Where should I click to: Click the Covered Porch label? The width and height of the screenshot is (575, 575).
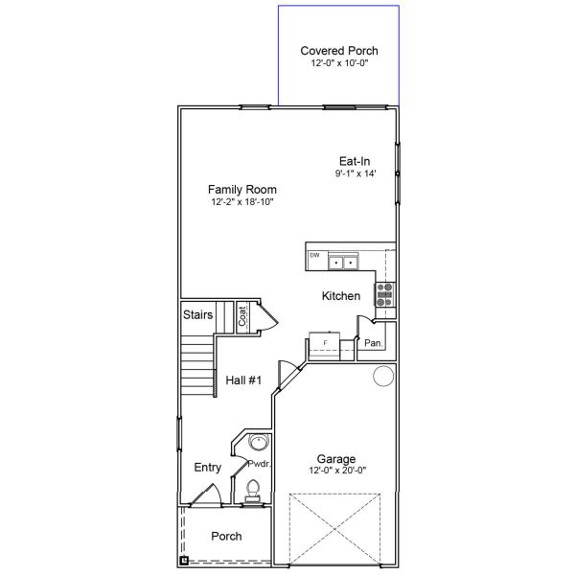pyautogui.click(x=339, y=51)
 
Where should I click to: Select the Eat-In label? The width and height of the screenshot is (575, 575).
pyautogui.click(x=355, y=161)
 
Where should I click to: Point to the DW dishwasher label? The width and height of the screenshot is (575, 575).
pyautogui.click(x=314, y=256)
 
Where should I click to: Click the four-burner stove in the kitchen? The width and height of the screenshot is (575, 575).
pyautogui.click(x=383, y=294)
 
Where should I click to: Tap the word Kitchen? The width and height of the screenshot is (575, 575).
pyautogui.click(x=340, y=296)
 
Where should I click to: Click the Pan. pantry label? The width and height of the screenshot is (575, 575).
pyautogui.click(x=374, y=343)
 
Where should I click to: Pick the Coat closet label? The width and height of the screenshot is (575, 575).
pyautogui.click(x=243, y=315)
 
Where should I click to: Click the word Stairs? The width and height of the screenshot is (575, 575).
pyautogui.click(x=197, y=314)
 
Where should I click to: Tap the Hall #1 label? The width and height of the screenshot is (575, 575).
pyautogui.click(x=243, y=380)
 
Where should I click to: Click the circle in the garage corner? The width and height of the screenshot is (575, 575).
pyautogui.click(x=383, y=375)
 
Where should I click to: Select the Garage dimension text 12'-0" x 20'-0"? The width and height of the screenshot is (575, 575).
pyautogui.click(x=339, y=471)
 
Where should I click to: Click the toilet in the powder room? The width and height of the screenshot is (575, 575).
pyautogui.click(x=253, y=491)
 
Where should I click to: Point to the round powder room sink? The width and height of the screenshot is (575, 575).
pyautogui.click(x=257, y=444)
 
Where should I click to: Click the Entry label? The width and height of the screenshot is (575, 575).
pyautogui.click(x=208, y=468)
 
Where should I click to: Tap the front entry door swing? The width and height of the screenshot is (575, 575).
pyautogui.click(x=206, y=494)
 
